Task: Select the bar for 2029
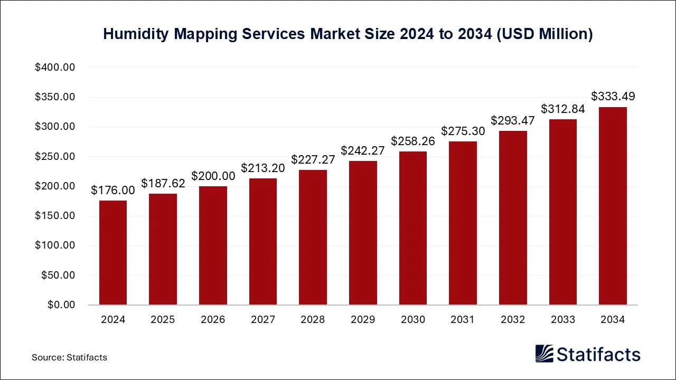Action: tap(363, 233)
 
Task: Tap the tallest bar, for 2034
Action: tap(613, 206)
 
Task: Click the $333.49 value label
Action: tap(613, 97)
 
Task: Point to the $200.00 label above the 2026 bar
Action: tap(213, 176)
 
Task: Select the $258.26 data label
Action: tap(412, 141)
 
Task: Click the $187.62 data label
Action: tap(163, 183)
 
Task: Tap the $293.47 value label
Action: tap(512, 120)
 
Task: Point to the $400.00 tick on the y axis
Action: tap(55, 68)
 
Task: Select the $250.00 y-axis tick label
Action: tap(55, 157)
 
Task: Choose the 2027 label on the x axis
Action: tap(262, 320)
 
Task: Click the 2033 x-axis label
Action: tap(562, 320)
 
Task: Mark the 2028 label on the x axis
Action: tap(313, 320)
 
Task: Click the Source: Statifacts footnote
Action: tap(69, 357)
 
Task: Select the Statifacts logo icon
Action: tap(544, 354)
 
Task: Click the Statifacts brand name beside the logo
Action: tap(598, 354)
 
